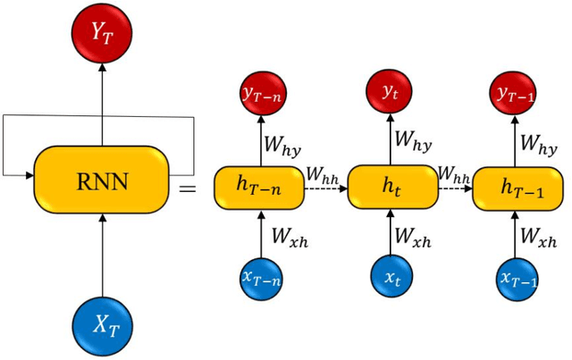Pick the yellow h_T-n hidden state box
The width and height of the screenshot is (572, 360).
pyautogui.click(x=257, y=185)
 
